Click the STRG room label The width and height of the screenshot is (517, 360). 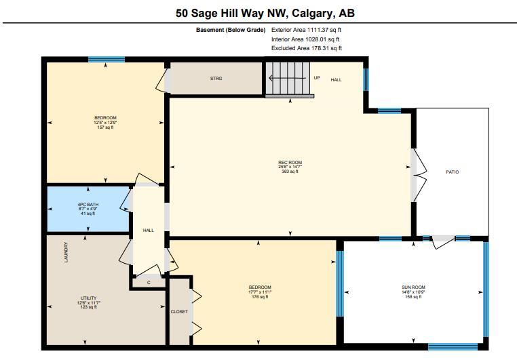pos(216,79)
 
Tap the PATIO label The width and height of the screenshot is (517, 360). pos(452,172)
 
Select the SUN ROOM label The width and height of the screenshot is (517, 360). pos(413,287)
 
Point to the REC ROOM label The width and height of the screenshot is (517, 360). pos(290,163)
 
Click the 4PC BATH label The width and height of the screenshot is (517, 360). pos(88,205)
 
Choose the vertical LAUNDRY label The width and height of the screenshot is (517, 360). pos(66,252)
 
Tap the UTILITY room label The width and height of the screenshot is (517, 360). pos(89,298)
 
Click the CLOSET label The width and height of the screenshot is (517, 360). pos(179,312)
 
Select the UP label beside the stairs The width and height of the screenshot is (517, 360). pos(317,78)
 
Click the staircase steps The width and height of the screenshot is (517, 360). pos(288,78)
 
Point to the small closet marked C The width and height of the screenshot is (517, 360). pos(149,283)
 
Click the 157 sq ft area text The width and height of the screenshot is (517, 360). pos(105,127)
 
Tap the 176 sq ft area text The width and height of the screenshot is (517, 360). pos(260,297)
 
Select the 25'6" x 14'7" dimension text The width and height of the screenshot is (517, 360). pos(290,167)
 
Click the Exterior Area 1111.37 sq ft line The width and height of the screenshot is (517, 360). pos(306,30)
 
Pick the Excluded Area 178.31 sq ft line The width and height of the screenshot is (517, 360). pos(306,48)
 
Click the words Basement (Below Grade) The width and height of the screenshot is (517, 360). pos(231,30)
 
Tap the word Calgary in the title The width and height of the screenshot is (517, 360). pos(311,13)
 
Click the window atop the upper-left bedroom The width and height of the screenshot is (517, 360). pos(107,60)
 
